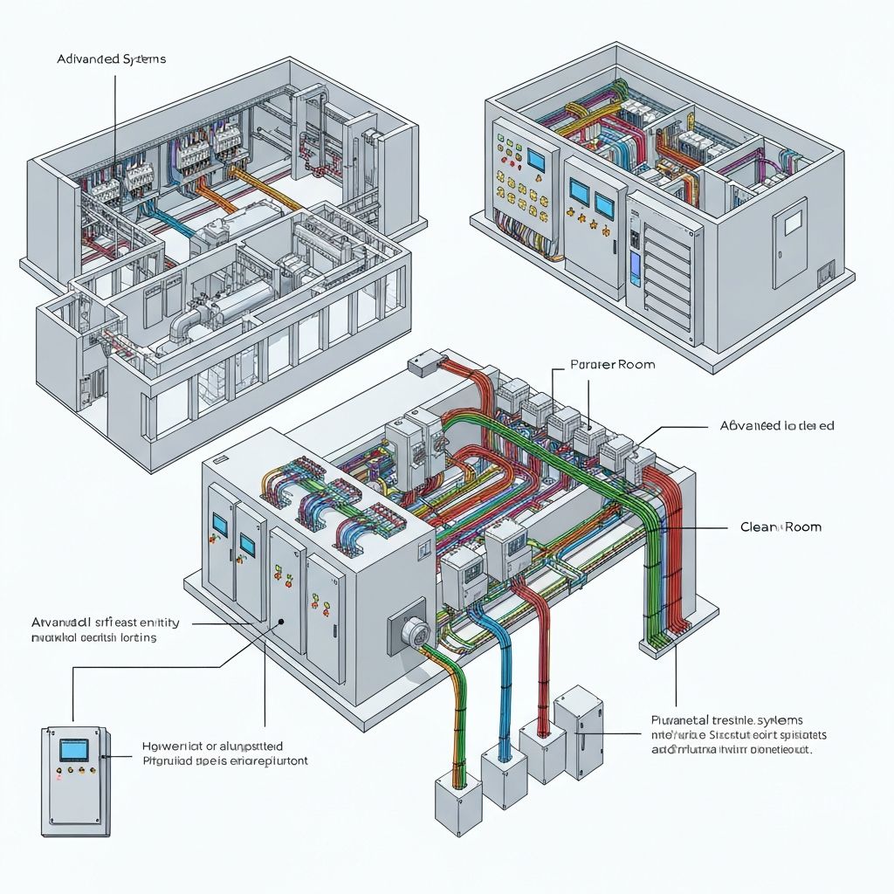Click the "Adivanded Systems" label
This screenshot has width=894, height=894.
point(111,59)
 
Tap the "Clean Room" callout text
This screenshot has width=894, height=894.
point(780,527)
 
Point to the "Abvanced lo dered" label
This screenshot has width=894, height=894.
point(776,426)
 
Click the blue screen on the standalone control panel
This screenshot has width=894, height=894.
point(72,751)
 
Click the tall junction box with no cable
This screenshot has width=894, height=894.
point(579,725)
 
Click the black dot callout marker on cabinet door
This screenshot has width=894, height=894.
point(281,623)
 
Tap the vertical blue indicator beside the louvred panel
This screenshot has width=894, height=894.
point(634,262)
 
